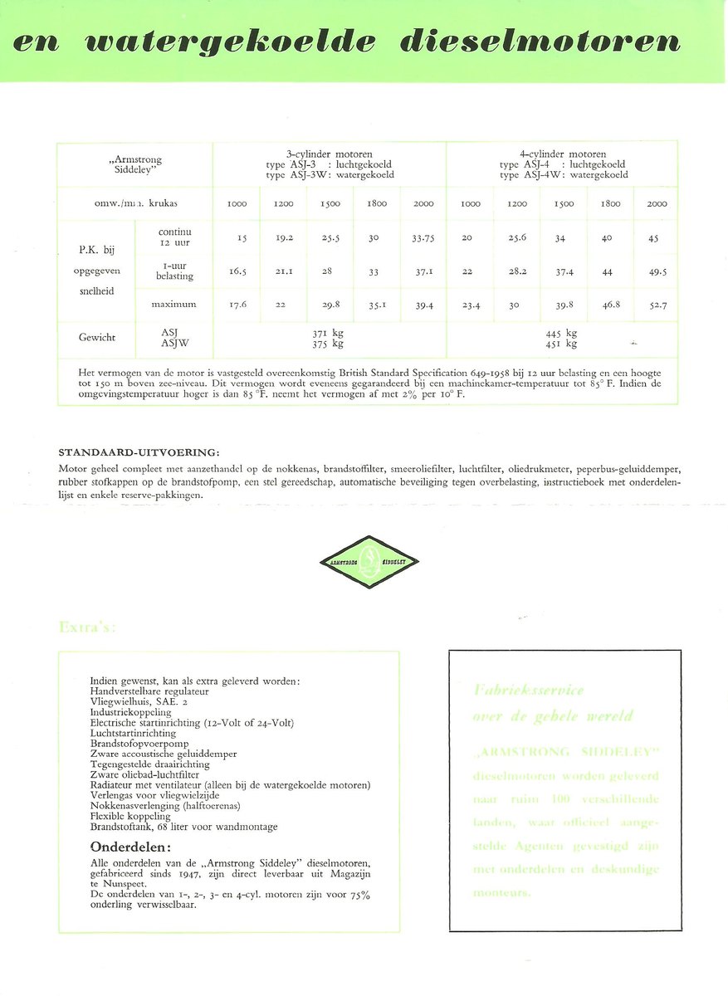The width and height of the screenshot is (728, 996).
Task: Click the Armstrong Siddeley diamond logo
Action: coord(369,561)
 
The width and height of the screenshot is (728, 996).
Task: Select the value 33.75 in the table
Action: coord(423,237)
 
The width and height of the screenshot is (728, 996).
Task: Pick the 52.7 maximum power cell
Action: coord(657,305)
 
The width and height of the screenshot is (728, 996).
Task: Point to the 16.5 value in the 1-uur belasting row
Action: coord(238,271)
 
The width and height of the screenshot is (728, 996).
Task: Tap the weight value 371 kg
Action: coord(330,333)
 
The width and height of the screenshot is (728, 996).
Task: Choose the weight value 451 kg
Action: coord(563,344)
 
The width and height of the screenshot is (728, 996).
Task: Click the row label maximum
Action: coord(173,305)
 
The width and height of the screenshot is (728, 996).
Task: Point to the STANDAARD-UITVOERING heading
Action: coord(139,452)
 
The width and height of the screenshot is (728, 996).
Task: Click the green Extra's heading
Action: coord(87,627)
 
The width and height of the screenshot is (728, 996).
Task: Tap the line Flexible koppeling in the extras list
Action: coord(129,816)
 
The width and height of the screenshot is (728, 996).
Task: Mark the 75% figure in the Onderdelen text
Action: coord(357,896)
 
